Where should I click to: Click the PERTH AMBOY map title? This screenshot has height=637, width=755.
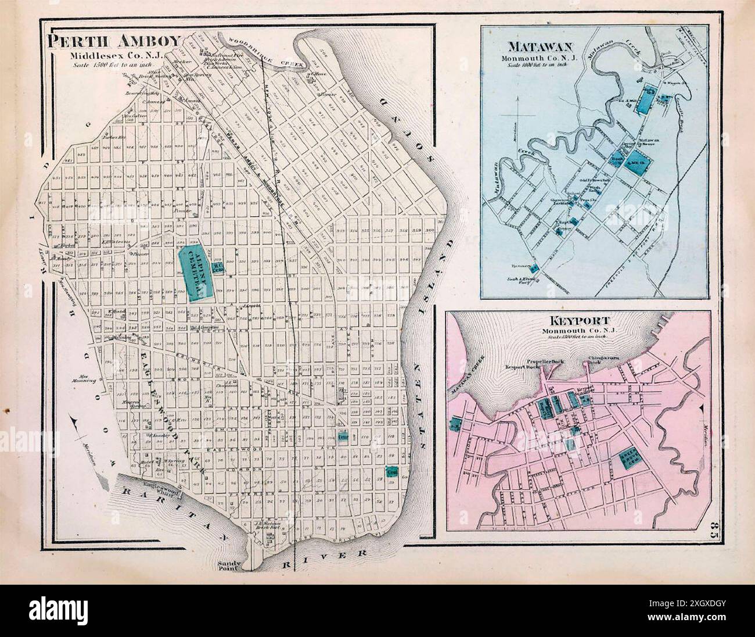[114, 42]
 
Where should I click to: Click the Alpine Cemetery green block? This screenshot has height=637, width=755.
[194, 271]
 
